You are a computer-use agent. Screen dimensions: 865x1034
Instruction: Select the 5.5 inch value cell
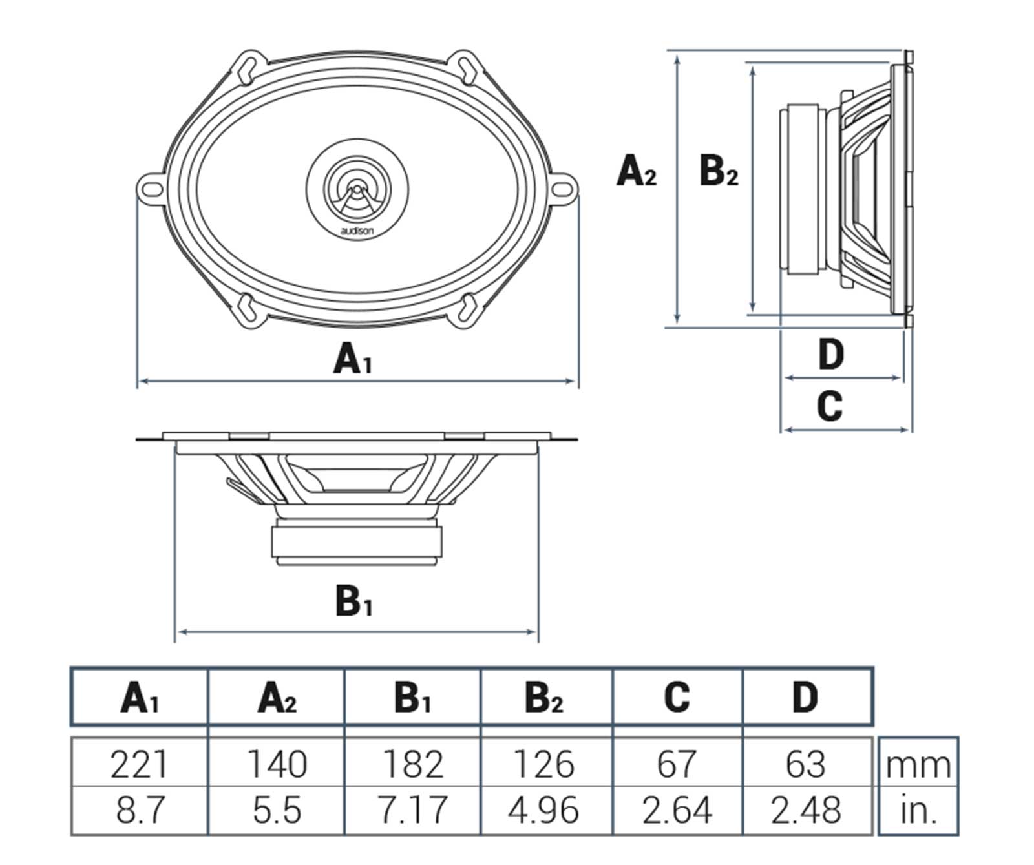coord(277,810)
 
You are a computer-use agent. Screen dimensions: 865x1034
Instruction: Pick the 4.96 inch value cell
coord(543,810)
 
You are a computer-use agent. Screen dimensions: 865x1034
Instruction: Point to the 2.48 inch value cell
coord(806,810)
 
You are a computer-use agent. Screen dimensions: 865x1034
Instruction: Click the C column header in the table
coord(677,697)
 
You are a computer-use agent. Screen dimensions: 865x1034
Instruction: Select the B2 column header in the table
coord(543,697)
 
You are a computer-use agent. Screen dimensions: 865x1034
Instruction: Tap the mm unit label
coord(918,766)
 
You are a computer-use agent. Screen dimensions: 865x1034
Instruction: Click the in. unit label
coord(918,810)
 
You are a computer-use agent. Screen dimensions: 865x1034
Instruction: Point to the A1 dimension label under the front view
coord(352,359)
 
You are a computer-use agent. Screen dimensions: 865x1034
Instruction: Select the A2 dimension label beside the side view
coord(636,172)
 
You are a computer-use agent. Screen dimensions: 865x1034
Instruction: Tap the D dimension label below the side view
coord(830,355)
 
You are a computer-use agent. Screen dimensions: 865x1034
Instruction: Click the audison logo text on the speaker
coord(357,230)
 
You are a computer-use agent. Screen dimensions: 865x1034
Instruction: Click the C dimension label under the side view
coord(830,406)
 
